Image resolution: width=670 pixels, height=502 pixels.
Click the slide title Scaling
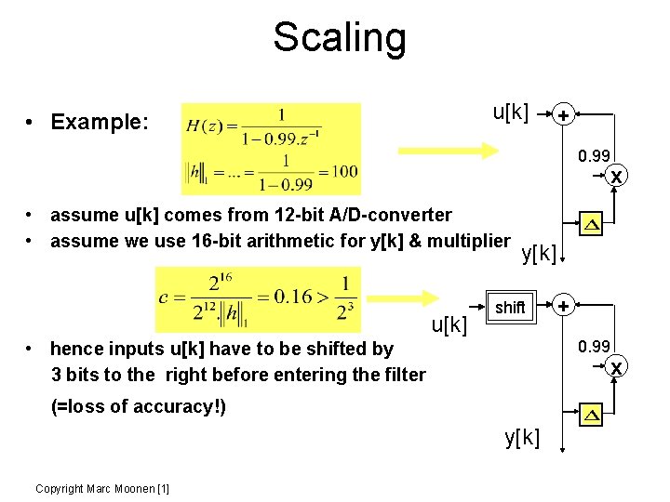click(x=340, y=38)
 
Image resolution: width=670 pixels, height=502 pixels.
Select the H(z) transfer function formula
click(x=271, y=126)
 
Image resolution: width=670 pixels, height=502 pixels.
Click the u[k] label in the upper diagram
click(x=510, y=113)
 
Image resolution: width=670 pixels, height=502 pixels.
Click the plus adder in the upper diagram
click(x=562, y=115)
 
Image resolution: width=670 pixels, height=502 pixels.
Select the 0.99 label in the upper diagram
click(x=594, y=156)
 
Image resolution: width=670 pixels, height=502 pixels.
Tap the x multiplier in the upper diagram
click(x=615, y=175)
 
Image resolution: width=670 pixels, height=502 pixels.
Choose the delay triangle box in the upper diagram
click(x=592, y=224)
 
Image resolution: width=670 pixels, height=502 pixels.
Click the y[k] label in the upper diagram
click(x=540, y=253)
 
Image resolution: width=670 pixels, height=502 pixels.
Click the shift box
click(x=510, y=307)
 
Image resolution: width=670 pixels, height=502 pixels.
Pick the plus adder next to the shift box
click(x=562, y=305)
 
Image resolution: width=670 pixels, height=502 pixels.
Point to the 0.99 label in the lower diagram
click(x=594, y=347)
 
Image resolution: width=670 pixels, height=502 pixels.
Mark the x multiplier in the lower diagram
click(x=615, y=367)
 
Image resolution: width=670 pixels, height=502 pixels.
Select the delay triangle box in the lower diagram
click(x=590, y=414)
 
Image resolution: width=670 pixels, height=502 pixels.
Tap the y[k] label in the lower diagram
click(x=522, y=437)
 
